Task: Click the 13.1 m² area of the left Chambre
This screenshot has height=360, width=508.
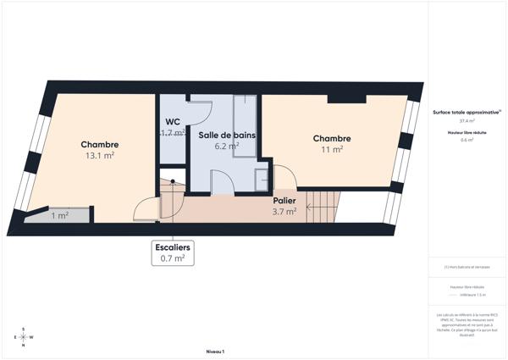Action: [100, 156]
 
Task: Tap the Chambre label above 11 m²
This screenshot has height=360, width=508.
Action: [332, 138]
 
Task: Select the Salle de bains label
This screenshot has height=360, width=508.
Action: [227, 135]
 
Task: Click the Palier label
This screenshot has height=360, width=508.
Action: [284, 201]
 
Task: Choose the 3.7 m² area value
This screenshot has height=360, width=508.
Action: [284, 212]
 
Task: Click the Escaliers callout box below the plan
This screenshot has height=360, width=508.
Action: [173, 252]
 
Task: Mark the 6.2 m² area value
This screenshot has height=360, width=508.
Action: [227, 146]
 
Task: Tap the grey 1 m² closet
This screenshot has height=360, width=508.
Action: [59, 215]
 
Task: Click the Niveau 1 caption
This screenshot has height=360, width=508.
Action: [215, 351]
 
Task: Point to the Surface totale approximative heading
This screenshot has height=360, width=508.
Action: [466, 112]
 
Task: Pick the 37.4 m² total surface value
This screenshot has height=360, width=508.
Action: [466, 120]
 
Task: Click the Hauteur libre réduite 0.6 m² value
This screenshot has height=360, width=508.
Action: [466, 140]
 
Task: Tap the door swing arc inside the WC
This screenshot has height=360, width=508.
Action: [202, 110]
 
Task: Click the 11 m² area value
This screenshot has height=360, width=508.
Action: [332, 149]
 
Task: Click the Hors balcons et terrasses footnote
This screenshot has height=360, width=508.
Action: [467, 267]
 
